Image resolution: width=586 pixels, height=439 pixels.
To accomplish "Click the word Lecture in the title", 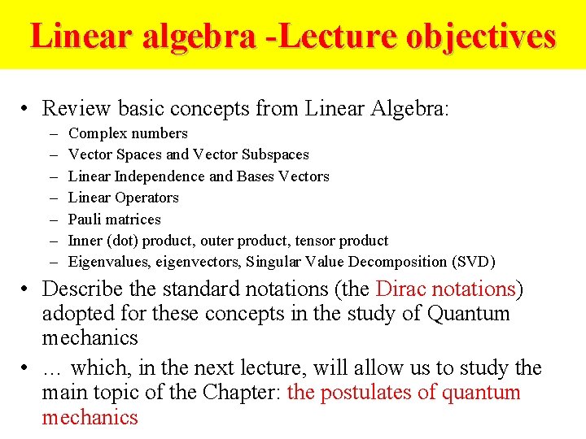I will pos(358,37).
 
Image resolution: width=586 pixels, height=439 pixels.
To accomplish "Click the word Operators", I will pos(146,198).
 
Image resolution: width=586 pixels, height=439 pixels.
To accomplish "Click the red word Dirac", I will pos(401,289).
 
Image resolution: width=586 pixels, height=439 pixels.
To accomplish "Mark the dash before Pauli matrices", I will pos(53,219).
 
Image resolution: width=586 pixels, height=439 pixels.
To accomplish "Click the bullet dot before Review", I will pos(27,109).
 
